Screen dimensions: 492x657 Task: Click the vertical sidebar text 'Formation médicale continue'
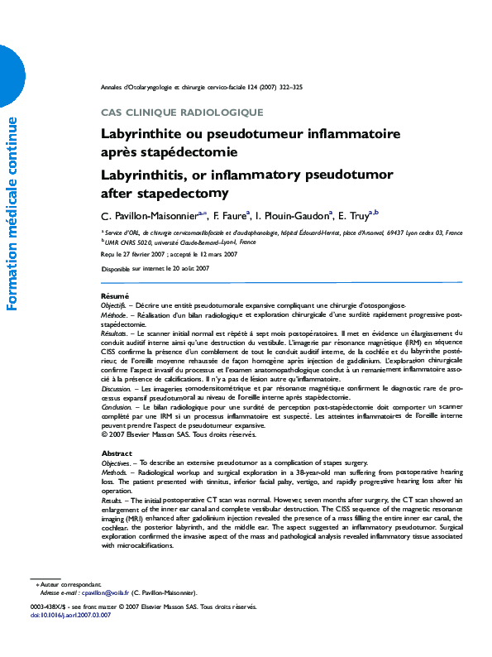click(12, 214)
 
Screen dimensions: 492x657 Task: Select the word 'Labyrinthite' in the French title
click(141, 133)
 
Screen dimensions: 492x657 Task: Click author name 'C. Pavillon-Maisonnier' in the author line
click(147, 217)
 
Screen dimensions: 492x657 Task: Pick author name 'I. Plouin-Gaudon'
click(293, 217)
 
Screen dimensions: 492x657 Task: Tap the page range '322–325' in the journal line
click(289, 87)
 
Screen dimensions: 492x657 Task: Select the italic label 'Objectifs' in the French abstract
click(113, 305)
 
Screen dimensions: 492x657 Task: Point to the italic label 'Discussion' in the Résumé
click(117, 387)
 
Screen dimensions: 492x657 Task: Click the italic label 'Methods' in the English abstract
click(114, 472)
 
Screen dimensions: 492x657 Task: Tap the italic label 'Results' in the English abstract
click(112, 500)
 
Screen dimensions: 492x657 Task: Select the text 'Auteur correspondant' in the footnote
click(71, 584)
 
